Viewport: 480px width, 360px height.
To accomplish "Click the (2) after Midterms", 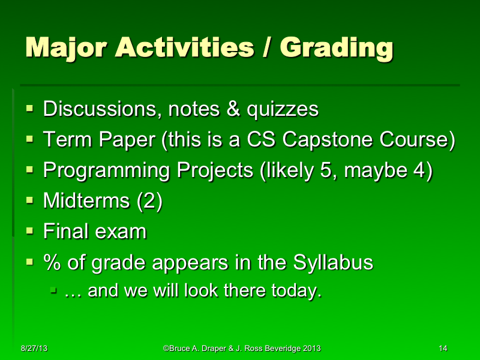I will coord(149,201).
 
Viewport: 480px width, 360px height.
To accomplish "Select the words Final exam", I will coord(94,231).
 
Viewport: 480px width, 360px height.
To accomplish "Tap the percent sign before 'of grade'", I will coord(50,262).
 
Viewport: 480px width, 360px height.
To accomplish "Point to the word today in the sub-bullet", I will coord(296,292).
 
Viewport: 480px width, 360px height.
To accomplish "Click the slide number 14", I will coord(443,348).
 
